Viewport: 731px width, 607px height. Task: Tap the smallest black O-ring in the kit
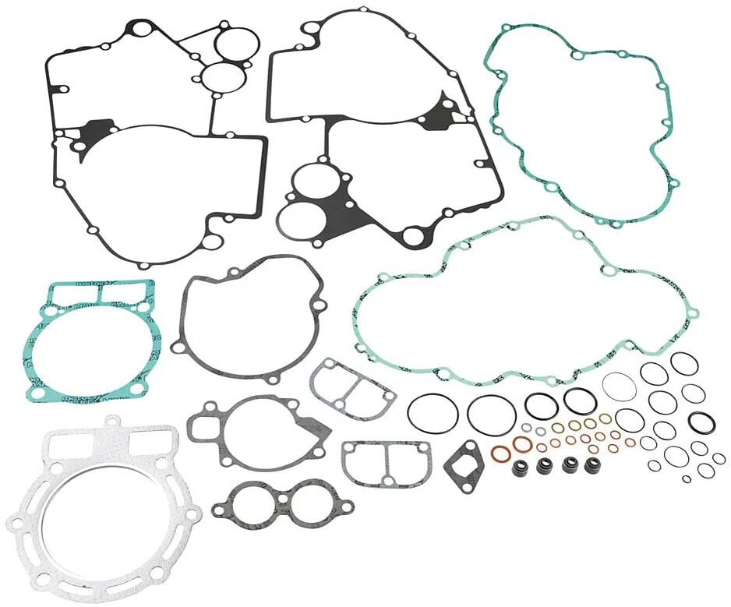pos(687,478)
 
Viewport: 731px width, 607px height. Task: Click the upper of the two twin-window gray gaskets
pos(352,384)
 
